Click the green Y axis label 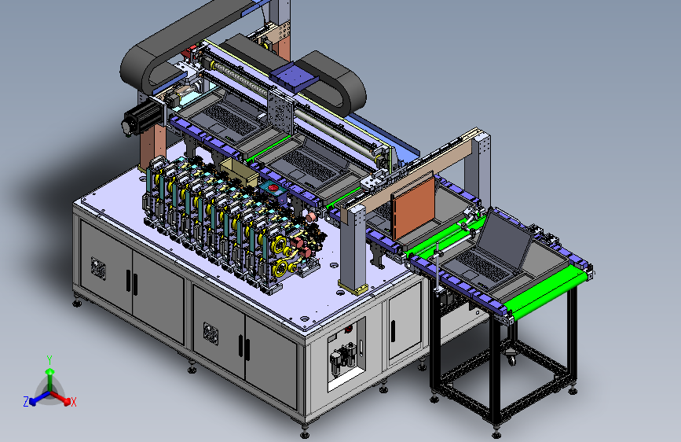(x=49, y=359)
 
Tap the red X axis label (x=74, y=402)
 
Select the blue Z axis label (x=26, y=402)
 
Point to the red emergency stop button (x=273, y=187)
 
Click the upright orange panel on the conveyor (x=412, y=208)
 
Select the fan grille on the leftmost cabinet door (x=99, y=267)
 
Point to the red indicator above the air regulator (x=348, y=330)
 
